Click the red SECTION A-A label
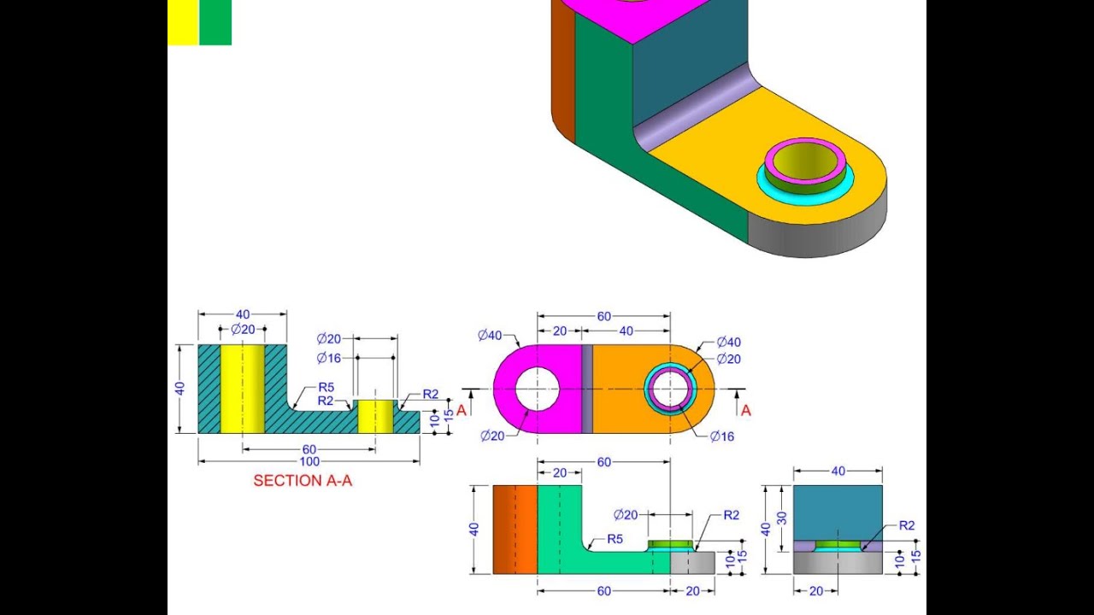click(x=303, y=481)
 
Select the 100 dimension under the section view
click(x=309, y=462)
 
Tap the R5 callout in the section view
click(x=326, y=387)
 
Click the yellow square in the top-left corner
click(x=183, y=22)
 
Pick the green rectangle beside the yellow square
click(x=215, y=22)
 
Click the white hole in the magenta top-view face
click(x=537, y=389)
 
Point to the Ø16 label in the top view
click(x=722, y=436)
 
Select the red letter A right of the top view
click(x=745, y=411)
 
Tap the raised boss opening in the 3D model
click(x=804, y=158)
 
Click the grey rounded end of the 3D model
click(x=820, y=235)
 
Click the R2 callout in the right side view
click(x=906, y=525)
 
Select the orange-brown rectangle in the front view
click(x=515, y=530)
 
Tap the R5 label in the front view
click(x=615, y=539)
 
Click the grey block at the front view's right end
click(x=692, y=562)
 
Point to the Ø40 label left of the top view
click(x=490, y=335)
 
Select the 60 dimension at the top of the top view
click(x=604, y=316)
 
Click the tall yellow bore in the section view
click(x=242, y=389)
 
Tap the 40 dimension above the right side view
click(x=838, y=471)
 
